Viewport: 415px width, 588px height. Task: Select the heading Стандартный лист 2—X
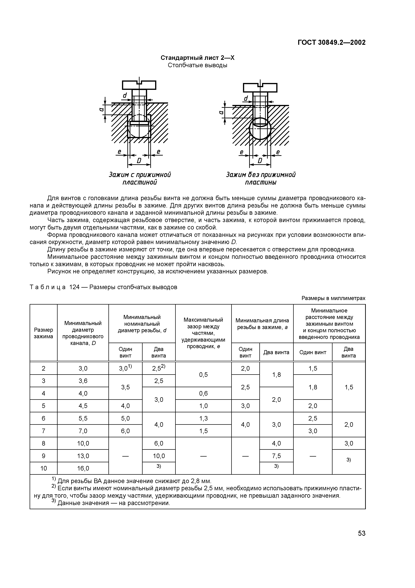pyautogui.click(x=197, y=58)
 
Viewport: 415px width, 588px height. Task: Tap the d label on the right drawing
pyautogui.click(x=246, y=99)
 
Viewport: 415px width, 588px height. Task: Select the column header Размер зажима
pyautogui.click(x=44, y=333)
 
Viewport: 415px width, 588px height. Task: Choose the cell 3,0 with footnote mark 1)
pyautogui.click(x=125, y=368)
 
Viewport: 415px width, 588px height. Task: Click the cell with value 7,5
pyautogui.click(x=276, y=456)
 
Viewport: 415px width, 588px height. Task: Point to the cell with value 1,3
pyautogui.click(x=203, y=418)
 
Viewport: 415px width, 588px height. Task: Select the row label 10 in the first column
pyautogui.click(x=44, y=468)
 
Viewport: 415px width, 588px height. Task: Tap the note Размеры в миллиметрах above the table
pyautogui.click(x=333, y=298)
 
